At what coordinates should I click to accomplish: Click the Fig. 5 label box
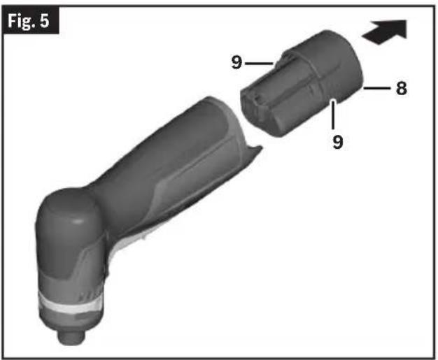tap(30, 20)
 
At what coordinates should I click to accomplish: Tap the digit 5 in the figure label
tap(44, 20)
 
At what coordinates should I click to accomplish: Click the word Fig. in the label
tap(22, 21)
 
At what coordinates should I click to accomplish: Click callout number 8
tap(402, 89)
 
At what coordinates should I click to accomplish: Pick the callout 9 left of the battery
tap(236, 62)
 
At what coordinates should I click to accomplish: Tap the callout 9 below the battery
tap(338, 142)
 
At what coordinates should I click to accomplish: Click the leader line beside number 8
tap(377, 89)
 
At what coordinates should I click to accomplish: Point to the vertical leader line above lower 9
tap(333, 115)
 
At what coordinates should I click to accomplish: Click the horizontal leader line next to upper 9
tap(259, 64)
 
